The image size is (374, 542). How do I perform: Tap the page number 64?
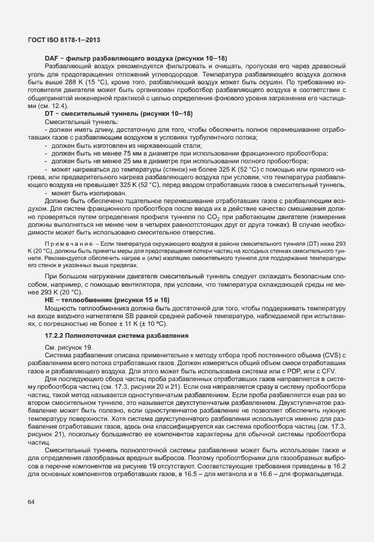31,502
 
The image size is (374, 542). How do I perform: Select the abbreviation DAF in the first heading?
52,58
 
